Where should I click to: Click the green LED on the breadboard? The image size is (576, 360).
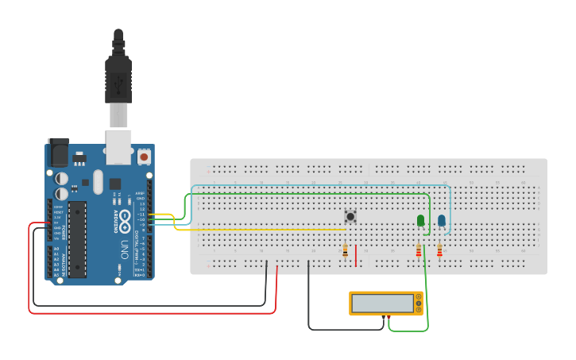[x=420, y=220]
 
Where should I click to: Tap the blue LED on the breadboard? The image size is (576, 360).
[x=441, y=220]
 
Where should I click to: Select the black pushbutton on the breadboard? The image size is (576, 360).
[x=350, y=216]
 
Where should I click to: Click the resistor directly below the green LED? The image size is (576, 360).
[x=419, y=252]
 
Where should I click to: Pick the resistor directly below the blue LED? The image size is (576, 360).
[x=439, y=252]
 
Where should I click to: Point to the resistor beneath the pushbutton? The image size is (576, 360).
[x=345, y=252]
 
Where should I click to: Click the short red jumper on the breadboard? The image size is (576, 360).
[x=356, y=256]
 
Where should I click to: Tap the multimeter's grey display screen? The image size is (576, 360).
[x=382, y=303]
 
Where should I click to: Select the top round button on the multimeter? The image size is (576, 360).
[x=419, y=296]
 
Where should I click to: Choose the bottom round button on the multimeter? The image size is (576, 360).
[x=419, y=310]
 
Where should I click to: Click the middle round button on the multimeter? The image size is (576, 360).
[x=419, y=304]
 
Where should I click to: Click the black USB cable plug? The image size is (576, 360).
[x=118, y=79]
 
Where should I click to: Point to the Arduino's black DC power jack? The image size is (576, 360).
[x=58, y=152]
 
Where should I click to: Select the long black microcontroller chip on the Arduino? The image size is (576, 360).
[x=77, y=238]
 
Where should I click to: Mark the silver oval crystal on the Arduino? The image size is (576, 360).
[x=98, y=182]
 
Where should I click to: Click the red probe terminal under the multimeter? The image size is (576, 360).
[x=389, y=318]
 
